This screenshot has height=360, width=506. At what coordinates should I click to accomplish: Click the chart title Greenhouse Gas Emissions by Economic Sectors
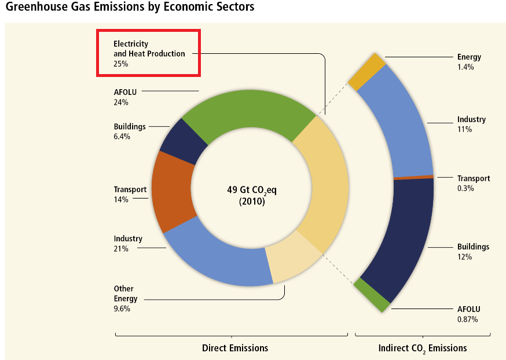(130, 8)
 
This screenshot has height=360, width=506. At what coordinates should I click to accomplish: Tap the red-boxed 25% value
(121, 64)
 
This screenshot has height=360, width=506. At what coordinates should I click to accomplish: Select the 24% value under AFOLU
(121, 102)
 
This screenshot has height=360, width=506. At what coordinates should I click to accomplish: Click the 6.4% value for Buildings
(122, 137)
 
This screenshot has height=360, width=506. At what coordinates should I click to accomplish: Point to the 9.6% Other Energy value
(122, 308)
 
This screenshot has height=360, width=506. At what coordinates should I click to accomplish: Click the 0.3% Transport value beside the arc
(465, 188)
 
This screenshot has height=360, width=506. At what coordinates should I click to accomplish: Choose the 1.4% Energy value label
(465, 67)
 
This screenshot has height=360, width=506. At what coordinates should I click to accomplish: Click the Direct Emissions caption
(235, 348)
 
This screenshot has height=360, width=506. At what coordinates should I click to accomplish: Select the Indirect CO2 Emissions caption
(423, 348)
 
